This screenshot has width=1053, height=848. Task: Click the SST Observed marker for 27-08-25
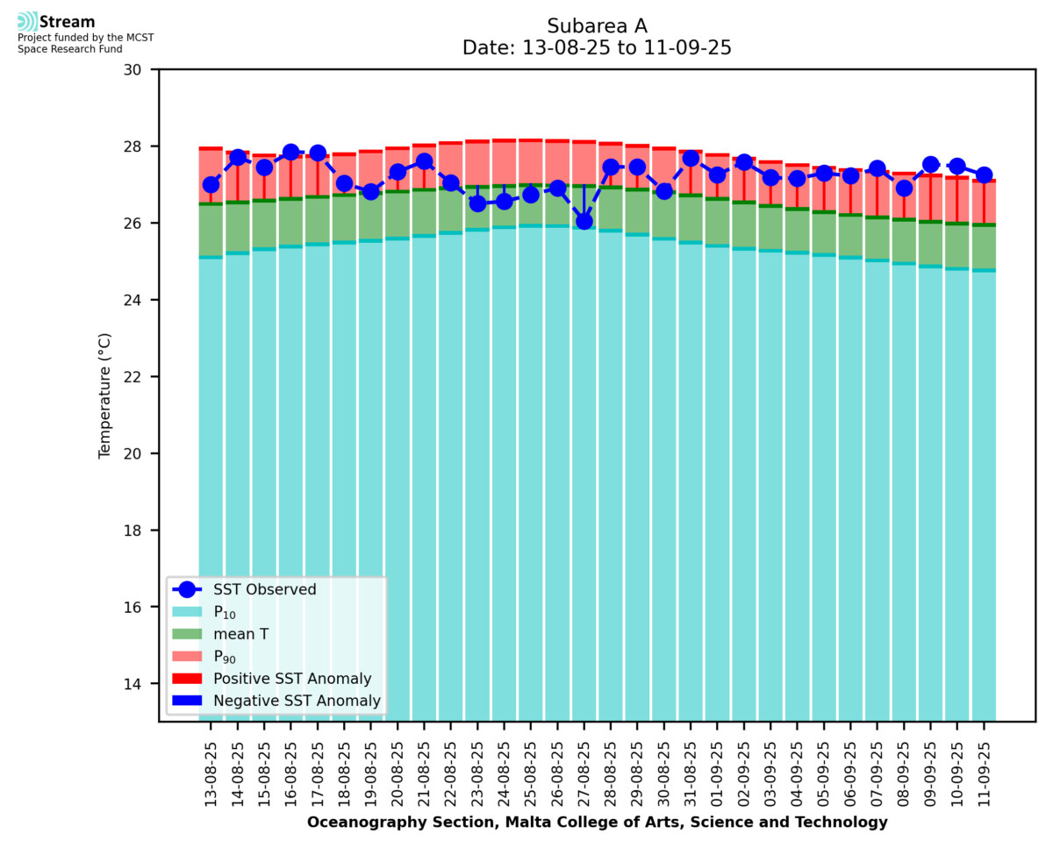coord(584,221)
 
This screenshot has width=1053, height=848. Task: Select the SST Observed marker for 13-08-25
coord(211,184)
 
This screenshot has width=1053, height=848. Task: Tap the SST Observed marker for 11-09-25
coord(984,175)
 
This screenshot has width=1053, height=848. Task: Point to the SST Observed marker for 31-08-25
coord(691,159)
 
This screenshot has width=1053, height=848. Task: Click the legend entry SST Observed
coord(264,590)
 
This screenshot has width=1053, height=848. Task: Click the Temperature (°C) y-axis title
coord(105,395)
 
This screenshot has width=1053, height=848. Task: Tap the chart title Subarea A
coord(597,25)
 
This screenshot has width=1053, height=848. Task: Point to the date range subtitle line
coord(597,48)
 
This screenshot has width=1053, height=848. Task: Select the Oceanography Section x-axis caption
coord(597,823)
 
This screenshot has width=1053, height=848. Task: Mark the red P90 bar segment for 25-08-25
coord(531,162)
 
